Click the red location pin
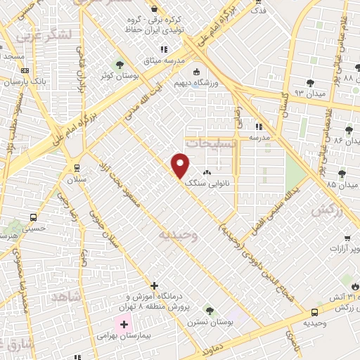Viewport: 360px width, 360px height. click(x=181, y=165)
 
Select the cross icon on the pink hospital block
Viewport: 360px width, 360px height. click(x=124, y=324)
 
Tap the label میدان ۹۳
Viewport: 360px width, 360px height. click(x=309, y=91)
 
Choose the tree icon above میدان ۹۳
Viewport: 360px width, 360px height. click(x=310, y=81)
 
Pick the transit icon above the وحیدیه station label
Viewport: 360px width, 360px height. click(x=314, y=311)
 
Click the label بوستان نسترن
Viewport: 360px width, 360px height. click(x=204, y=322)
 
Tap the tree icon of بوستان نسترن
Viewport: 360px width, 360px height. click(x=209, y=310)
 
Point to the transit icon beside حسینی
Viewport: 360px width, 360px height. click(x=33, y=217)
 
